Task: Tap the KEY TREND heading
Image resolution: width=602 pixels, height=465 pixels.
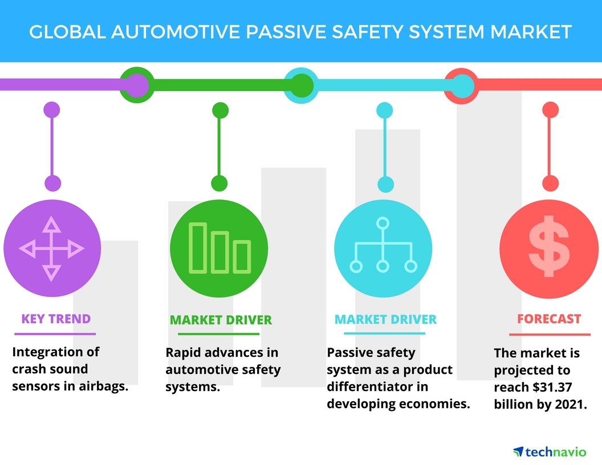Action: point(56,319)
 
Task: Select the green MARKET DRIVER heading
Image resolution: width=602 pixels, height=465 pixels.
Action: point(221,320)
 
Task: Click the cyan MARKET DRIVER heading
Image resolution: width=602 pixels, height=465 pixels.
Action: point(385,319)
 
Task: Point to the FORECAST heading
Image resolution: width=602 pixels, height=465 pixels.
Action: point(549,319)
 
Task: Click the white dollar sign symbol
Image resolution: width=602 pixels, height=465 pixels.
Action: point(549,246)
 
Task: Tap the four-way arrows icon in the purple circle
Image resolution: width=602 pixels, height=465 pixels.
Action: point(52,248)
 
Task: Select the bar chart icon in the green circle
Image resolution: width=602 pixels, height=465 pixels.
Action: point(219,248)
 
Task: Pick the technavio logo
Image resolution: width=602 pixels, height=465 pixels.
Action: point(549,451)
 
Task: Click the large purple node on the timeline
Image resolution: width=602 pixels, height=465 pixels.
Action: point(135,85)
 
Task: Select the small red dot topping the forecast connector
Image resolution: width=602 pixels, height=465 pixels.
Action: point(550,109)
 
